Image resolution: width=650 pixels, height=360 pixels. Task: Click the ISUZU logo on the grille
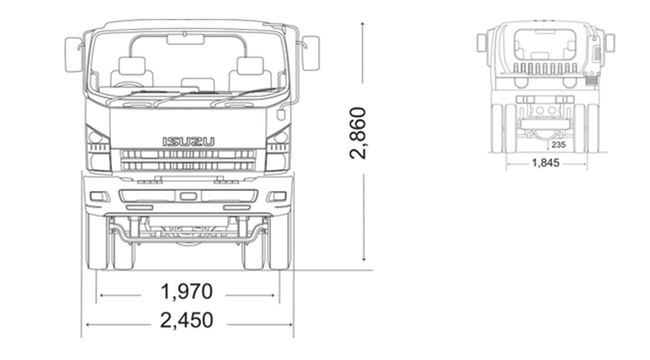pos(188,141)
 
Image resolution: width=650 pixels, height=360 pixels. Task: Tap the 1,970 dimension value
pos(186,291)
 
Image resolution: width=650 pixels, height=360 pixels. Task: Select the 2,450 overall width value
pos(186,320)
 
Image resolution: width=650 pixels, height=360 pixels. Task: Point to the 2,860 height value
pos(357,133)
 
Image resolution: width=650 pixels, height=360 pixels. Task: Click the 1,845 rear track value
pos(546,162)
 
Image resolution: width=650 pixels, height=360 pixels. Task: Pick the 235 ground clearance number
pos(558,145)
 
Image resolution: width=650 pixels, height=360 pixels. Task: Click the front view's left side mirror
pos(73,54)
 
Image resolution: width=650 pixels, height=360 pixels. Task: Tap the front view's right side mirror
pos(310,53)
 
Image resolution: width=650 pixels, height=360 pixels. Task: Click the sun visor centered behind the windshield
pos(185,40)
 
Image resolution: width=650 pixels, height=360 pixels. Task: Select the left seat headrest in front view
pos(132,66)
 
